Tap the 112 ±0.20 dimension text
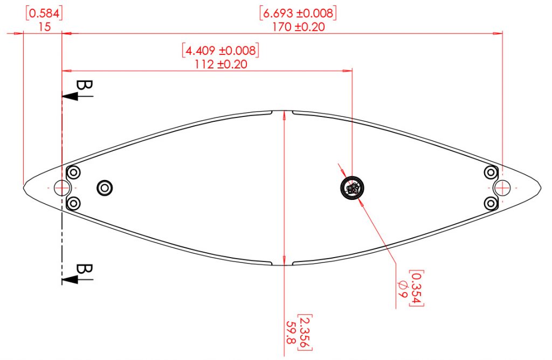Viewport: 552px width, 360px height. point(220,64)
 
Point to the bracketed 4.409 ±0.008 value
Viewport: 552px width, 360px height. point(220,51)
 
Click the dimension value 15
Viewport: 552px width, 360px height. point(45,26)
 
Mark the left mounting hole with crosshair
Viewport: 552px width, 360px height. point(63,188)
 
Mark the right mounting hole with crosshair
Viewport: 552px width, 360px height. point(502,188)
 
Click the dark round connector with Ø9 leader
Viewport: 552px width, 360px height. point(353,189)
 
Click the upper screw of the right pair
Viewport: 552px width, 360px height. point(490,172)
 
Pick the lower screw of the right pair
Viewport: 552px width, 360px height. point(490,203)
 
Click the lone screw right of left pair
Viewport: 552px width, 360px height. point(104,188)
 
